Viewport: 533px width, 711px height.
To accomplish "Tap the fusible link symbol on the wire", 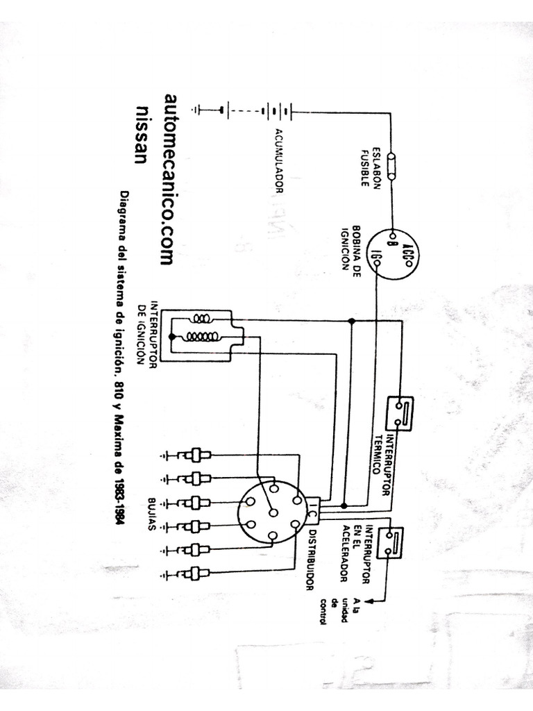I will point(393,167).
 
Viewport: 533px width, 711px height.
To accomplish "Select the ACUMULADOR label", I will point(279,160).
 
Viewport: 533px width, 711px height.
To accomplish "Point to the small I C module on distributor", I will point(312,512).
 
